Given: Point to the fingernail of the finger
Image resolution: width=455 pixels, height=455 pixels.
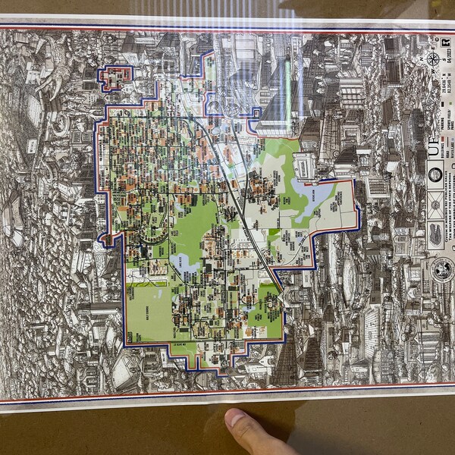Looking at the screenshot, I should [x=237, y=419].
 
